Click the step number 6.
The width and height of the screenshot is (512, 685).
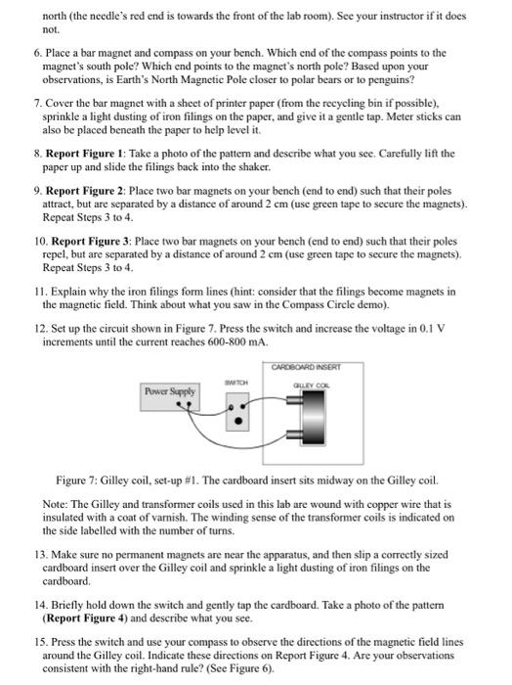click(x=36, y=53)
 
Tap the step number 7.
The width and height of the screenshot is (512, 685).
click(x=36, y=102)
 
